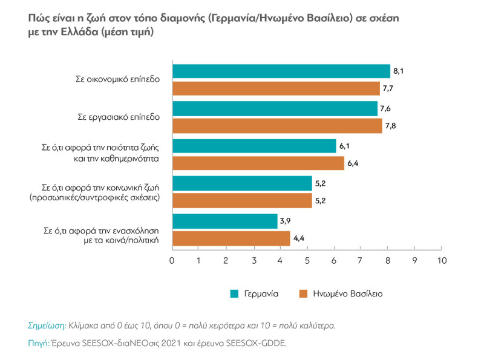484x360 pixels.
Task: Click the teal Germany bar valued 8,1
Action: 281,71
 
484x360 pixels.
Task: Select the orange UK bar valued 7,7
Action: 276,89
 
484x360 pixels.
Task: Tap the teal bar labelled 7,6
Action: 275,108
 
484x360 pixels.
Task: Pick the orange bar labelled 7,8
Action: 277,126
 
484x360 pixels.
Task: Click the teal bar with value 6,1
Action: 254,146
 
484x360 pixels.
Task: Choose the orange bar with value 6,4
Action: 258,163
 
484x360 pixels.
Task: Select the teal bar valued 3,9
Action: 225,221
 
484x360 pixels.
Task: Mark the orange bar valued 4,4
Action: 232,238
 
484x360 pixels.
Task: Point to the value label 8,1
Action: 398,71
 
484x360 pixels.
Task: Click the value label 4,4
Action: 299,239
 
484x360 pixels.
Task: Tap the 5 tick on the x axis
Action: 307,261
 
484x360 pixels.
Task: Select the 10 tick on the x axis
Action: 441,261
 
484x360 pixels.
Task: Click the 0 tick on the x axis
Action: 172,261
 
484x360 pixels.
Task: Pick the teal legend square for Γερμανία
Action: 234,293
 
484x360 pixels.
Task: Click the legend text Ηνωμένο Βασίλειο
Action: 348,293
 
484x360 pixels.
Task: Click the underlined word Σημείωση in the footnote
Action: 47,325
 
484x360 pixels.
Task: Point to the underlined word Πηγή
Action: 38,343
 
